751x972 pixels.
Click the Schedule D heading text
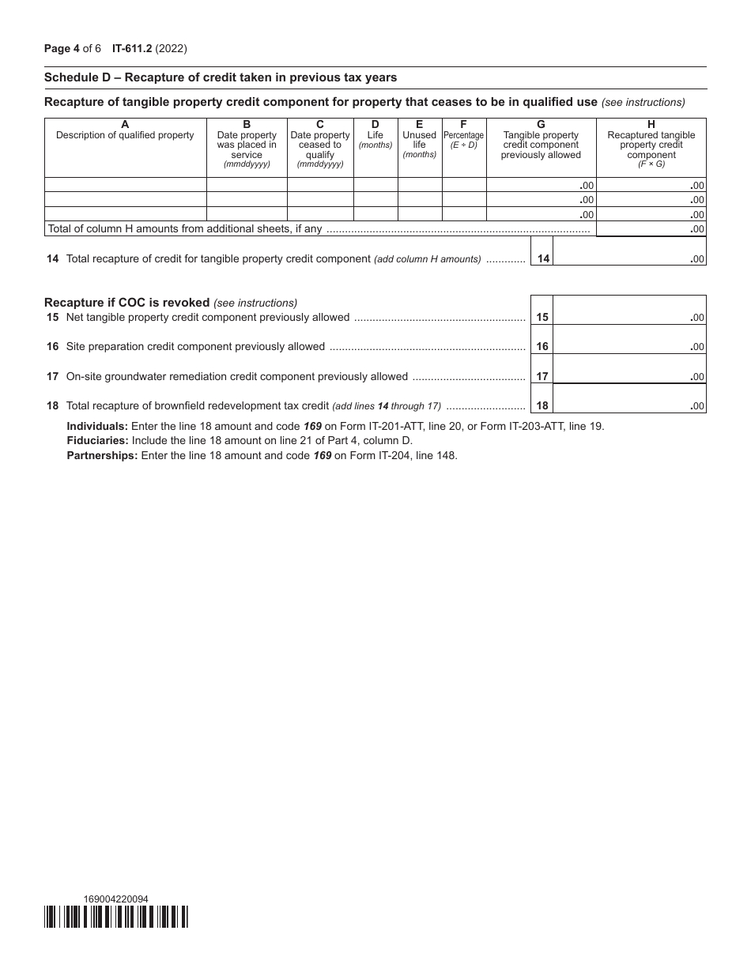coord(221,77)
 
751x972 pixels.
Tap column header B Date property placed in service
coord(247,145)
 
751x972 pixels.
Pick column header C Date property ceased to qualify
coord(320,145)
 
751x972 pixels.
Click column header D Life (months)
coord(375,134)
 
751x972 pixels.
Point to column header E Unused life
coord(419,139)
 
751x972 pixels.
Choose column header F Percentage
coord(463,135)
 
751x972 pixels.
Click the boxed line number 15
coord(542,318)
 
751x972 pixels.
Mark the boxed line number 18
coord(542,406)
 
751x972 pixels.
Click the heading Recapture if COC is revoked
coord(126,303)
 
